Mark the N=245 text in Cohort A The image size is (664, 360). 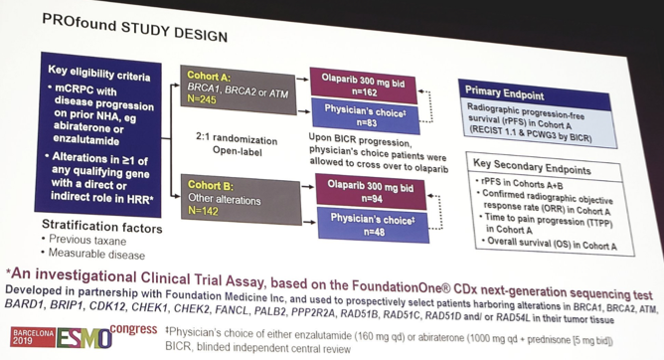click(204, 99)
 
